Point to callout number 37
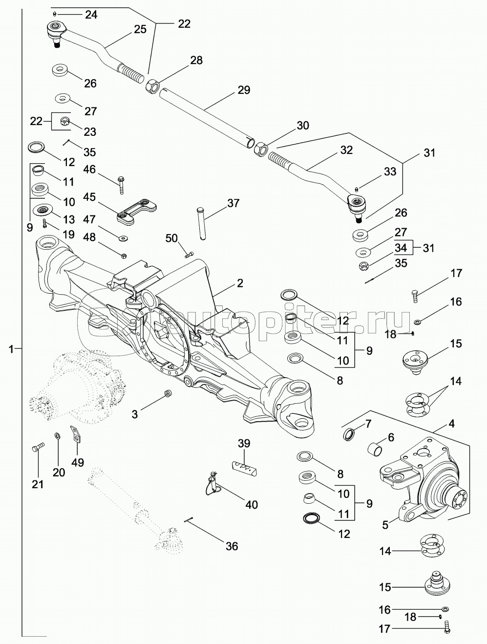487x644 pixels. pos(233,203)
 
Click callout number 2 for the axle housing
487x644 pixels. pos(240,283)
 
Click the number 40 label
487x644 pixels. pos(251,504)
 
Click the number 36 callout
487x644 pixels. pos(232,545)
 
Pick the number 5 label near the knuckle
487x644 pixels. pos(385,525)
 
